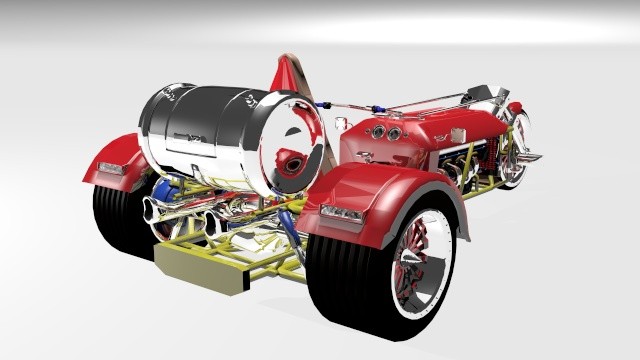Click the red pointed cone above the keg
(x=284, y=72)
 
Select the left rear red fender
(x=115, y=160)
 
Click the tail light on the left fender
(x=110, y=168)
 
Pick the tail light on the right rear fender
(x=343, y=213)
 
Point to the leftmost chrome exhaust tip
(x=155, y=210)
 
